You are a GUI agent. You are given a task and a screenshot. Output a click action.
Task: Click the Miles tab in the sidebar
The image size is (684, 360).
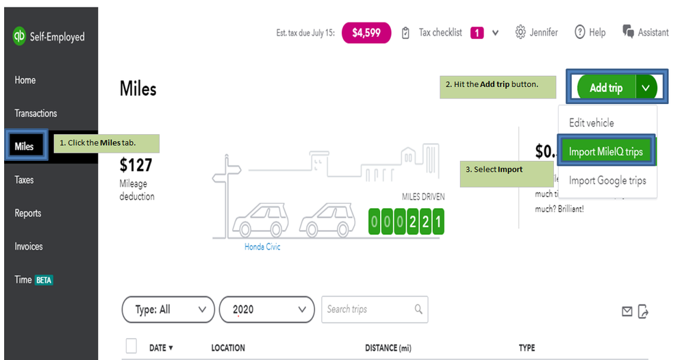point(25,146)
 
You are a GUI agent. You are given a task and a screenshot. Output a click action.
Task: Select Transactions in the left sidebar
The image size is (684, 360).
point(36,114)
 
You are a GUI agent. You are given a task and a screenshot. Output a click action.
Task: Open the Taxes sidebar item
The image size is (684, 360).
point(25,180)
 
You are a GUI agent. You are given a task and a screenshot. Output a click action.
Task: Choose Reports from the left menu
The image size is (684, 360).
point(28,214)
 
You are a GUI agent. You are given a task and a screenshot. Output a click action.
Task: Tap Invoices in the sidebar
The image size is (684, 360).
point(29,246)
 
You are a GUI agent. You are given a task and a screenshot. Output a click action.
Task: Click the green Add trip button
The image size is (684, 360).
point(606,88)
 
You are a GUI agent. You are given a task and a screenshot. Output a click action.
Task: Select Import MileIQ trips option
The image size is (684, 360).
point(606,152)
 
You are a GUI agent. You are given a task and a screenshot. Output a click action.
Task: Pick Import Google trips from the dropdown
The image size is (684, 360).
point(607,181)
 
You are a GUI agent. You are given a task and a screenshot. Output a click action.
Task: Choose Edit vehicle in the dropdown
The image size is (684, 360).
point(592,123)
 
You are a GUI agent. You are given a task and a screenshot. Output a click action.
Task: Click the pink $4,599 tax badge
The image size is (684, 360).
point(366,32)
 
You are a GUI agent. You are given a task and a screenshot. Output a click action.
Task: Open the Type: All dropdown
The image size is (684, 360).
point(168,309)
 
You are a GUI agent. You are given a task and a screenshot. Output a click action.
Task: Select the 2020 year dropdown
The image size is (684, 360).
point(266,309)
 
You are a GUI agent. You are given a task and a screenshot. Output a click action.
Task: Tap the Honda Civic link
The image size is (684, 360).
point(262,247)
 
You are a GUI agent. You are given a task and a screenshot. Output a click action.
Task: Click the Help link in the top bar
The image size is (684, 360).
point(590,32)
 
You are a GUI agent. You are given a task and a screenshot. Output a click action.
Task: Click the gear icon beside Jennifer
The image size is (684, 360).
point(520,32)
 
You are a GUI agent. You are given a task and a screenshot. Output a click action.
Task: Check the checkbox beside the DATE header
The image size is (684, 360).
point(131,346)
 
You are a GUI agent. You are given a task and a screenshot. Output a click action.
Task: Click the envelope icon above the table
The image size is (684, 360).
point(626,311)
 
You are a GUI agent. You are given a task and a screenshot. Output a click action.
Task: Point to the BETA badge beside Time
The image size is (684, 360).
point(45,280)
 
